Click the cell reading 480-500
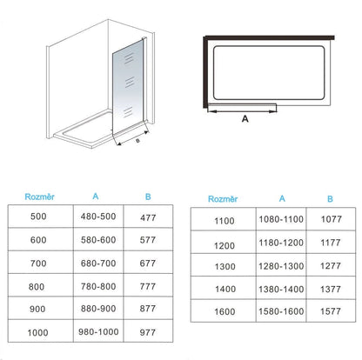pos(98,217)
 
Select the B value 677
pos(148,263)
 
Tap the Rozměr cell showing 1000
pos(37,332)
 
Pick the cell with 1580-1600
pos(281,311)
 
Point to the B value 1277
pos(331,266)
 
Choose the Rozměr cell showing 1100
pos(225,221)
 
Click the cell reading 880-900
pos(98,309)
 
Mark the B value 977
pos(148,332)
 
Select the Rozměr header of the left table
pos(40,197)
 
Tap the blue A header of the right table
pos(282,198)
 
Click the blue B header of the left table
pos(148,197)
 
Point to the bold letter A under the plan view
pos(245,119)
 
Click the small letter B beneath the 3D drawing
pos(137,141)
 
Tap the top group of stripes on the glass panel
pos(129,59)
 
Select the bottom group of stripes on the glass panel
pos(128,112)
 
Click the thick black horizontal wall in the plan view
pos(270,37)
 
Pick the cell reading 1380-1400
pos(281,289)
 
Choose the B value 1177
pos(331,243)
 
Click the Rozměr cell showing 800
pos(37,287)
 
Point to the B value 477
pos(148,217)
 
